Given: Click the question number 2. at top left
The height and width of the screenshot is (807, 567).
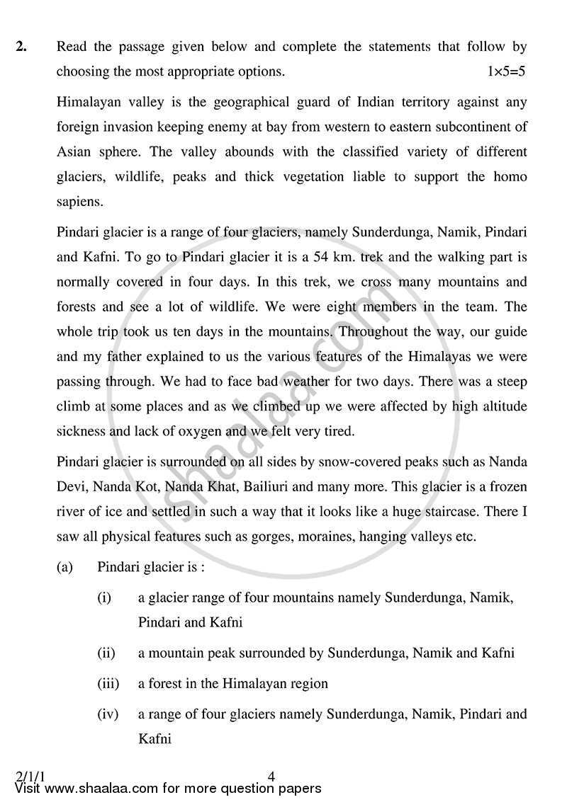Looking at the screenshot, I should click(x=21, y=47).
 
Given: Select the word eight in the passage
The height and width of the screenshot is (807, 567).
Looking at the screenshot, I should click(x=357, y=306).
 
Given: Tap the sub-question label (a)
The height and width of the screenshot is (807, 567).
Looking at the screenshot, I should click(x=65, y=568).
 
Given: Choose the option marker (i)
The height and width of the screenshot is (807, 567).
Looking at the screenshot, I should click(x=104, y=597).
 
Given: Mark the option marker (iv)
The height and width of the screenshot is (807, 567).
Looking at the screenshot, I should click(x=107, y=714).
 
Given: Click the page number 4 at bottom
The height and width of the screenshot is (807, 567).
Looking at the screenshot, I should click(x=271, y=777).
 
